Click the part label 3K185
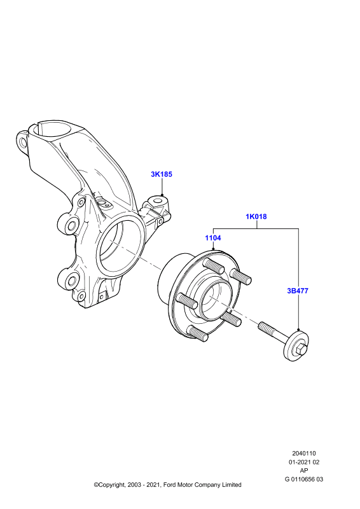[162, 174]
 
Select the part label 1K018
[256, 216]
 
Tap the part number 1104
[213, 238]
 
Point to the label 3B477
[298, 291]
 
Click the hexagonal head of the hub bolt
[300, 351]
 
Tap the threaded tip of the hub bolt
[263, 326]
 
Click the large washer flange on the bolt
[296, 346]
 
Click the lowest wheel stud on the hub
[198, 333]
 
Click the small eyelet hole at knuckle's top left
[22, 142]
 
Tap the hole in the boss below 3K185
[158, 201]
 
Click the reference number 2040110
[304, 453]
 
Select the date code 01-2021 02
[304, 462]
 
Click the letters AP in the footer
[304, 470]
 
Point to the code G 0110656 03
[304, 479]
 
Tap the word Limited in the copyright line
[232, 485]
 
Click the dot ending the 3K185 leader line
[162, 195]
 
